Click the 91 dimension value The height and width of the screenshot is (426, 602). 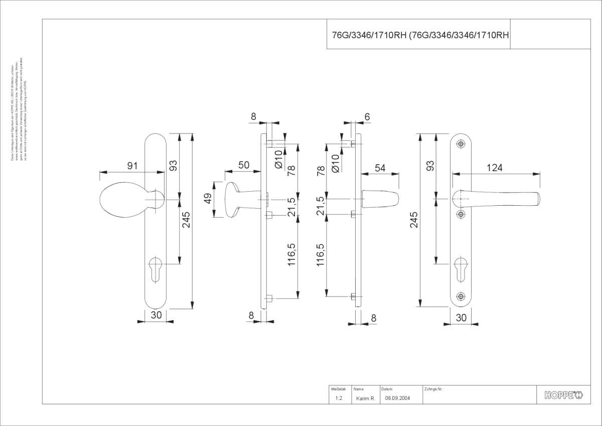click(132, 166)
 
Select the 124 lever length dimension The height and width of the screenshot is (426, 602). click(494, 168)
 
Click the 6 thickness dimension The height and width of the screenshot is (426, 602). click(367, 117)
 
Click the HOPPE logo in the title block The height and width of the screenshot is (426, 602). click(563, 395)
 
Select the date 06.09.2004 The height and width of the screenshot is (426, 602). click(397, 398)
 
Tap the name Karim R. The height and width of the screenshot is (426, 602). click(365, 398)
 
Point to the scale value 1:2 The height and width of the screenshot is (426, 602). click(339, 398)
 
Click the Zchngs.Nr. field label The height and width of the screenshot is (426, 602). click(433, 389)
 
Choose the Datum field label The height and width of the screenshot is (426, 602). click(387, 389)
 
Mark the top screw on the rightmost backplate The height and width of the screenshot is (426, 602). click(461, 144)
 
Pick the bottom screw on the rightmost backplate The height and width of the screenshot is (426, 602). click(461, 297)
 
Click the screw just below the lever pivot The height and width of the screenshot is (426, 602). click(461, 214)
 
